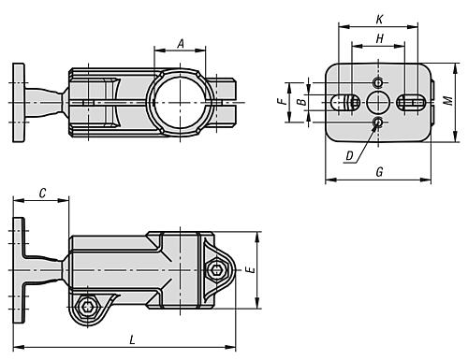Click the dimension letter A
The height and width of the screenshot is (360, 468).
[x=181, y=44]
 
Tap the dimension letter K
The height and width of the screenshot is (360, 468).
[x=379, y=20]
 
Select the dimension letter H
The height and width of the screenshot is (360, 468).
[x=379, y=39]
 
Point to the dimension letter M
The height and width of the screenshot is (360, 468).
[x=448, y=101]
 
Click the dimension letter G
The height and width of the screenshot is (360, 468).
[x=379, y=172]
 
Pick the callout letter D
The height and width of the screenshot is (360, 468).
[x=350, y=155]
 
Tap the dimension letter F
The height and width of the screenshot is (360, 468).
[x=282, y=101]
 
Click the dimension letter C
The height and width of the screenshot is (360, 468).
[x=42, y=194]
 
